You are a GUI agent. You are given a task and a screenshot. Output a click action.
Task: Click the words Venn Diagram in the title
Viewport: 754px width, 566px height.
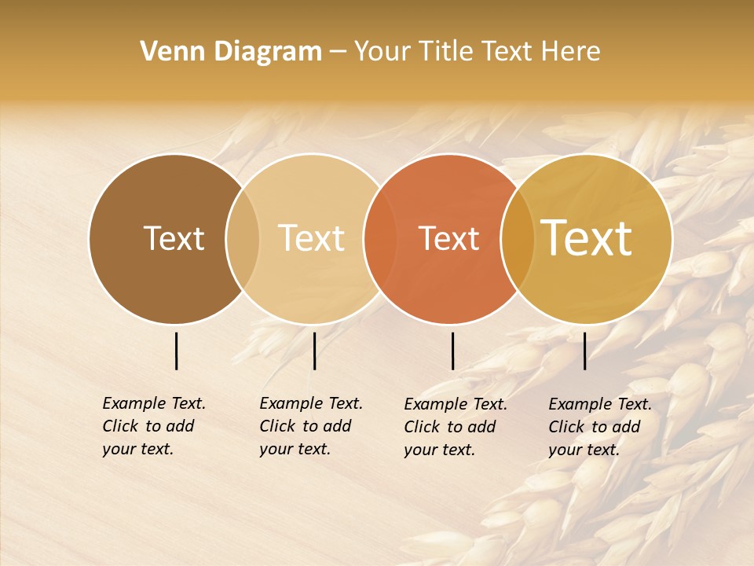pos(231,52)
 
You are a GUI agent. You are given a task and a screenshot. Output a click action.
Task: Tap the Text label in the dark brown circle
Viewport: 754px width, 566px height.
pos(174,238)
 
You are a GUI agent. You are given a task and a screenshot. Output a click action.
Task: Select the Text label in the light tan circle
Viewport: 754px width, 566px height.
pos(311,238)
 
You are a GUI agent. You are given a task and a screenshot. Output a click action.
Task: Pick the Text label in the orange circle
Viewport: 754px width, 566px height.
pos(448,238)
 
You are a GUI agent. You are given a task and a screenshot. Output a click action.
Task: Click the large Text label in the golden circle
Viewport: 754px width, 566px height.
pos(587,238)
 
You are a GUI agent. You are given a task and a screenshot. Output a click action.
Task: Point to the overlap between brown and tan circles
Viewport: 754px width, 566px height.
pos(243,239)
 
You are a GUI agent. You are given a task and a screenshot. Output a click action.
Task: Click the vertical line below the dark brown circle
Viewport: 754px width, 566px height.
pos(177,351)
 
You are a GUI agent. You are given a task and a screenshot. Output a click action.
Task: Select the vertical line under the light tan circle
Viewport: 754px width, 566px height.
pos(314,351)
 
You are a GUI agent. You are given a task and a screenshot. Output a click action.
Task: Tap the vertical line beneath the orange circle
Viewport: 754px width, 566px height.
pos(453,351)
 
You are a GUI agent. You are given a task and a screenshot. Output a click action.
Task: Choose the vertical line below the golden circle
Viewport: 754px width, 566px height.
pos(585,351)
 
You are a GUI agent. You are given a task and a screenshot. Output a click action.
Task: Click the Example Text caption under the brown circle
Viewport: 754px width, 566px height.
pos(153,426)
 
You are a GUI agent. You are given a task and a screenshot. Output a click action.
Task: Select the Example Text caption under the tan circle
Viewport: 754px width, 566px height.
pos(310,426)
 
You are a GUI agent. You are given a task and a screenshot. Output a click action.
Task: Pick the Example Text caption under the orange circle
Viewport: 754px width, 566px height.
pos(455,427)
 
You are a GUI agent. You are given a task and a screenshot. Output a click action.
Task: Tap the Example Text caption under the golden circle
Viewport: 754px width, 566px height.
pos(599,427)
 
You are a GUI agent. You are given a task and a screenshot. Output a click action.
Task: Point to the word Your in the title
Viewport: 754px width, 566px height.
pos(382,52)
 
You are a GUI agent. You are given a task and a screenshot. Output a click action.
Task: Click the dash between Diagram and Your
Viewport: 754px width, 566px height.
pos(338,53)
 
